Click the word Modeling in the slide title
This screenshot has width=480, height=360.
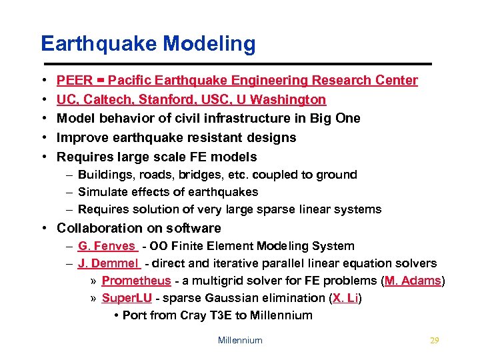coord(209,44)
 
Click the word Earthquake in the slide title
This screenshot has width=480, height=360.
coord(99,44)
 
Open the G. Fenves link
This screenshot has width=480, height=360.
coord(107,246)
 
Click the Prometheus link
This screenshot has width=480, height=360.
coord(136,281)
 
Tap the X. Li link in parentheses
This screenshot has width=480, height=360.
coord(345,298)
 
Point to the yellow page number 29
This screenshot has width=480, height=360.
coord(435,341)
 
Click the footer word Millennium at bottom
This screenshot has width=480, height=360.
coord(240,341)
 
